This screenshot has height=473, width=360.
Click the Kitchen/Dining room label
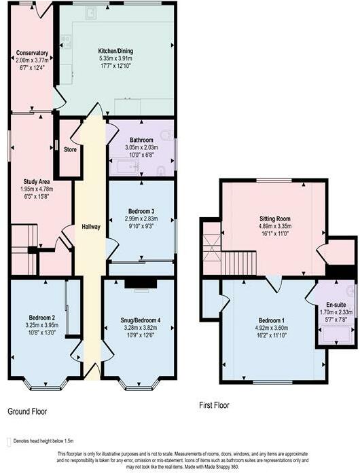pyautogui.click(x=115, y=51)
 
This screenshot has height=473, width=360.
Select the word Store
pyautogui.click(x=70, y=149)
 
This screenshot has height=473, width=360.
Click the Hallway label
pyautogui.click(x=90, y=226)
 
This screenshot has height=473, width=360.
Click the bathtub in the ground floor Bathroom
pyautogui.click(x=126, y=166)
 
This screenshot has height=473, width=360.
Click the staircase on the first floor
pyautogui.click(x=239, y=261)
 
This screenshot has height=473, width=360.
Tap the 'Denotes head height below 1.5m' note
pyautogui.click(x=39, y=440)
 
